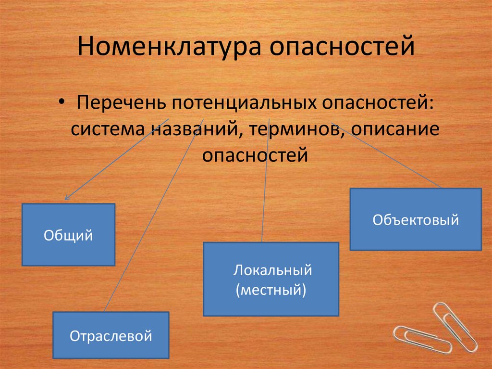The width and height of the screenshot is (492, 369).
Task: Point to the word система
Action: [x=109, y=130]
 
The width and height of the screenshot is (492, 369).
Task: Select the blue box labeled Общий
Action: [x=68, y=235]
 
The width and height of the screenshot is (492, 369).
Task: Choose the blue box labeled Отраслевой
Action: [x=111, y=335]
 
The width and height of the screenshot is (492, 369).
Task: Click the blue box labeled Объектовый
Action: [x=415, y=219]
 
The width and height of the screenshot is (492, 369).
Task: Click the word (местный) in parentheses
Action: [x=271, y=290]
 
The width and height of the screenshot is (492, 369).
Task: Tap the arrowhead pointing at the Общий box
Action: [x=67, y=197]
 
